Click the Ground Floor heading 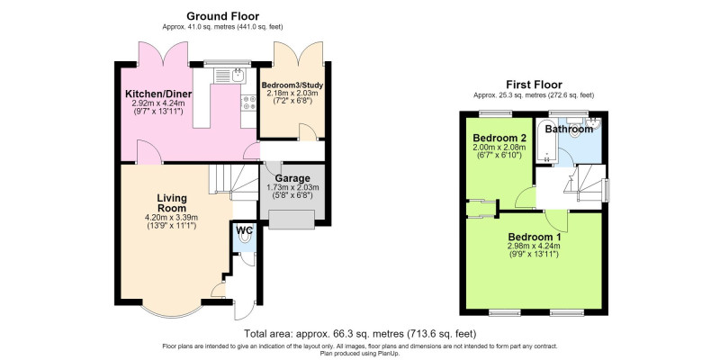[x=222, y=17]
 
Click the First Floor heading [x=534, y=85]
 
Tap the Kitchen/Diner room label [x=158, y=94]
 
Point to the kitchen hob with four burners [x=248, y=103]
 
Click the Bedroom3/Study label [x=292, y=85]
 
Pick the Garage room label [x=292, y=178]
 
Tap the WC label [x=244, y=230]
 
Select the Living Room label [x=172, y=203]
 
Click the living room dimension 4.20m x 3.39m [x=172, y=218]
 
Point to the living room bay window [x=171, y=310]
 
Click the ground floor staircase [x=233, y=182]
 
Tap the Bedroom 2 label [x=499, y=139]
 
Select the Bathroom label [x=569, y=130]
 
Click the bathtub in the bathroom [x=547, y=141]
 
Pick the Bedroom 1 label [x=534, y=238]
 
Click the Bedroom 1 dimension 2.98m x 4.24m [x=534, y=246]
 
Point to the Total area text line [x=360, y=333]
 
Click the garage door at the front [x=292, y=220]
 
